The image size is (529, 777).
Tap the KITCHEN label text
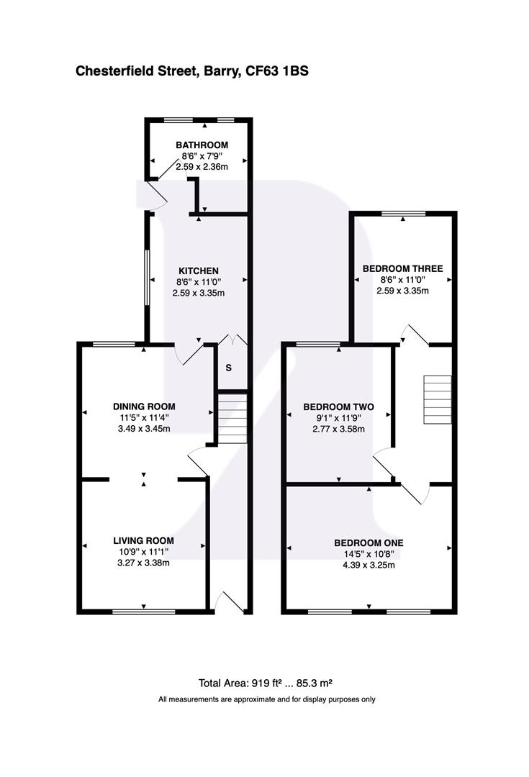pos(199,271)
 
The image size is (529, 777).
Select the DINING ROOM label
pos(144,406)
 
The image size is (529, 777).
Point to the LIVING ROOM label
pos(143,540)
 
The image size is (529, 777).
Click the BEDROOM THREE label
pos(402,269)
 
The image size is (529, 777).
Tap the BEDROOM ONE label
pos(368,542)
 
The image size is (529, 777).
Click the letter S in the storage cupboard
pos(229,368)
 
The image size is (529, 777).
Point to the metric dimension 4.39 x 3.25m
pos(368,565)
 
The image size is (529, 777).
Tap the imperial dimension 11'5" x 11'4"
pos(144,418)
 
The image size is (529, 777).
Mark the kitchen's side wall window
pos(147,277)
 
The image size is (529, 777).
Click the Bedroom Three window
pos(403,213)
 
